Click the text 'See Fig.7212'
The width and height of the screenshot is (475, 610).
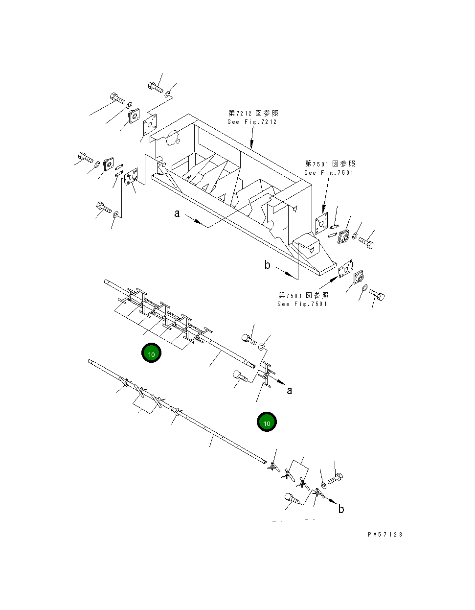click(252, 122)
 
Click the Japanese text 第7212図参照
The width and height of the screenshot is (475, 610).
click(253, 113)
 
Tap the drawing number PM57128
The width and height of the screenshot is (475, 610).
click(385, 535)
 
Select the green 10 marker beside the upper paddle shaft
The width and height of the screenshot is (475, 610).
click(151, 353)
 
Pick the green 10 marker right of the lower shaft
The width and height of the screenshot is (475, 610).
click(267, 422)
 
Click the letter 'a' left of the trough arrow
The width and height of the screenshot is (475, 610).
click(177, 213)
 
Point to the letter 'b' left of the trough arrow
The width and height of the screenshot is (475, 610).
click(267, 265)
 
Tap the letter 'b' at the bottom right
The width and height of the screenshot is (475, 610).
click(341, 509)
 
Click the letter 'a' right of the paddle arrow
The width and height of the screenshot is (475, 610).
click(290, 390)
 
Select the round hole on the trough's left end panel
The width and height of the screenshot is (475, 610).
click(172, 139)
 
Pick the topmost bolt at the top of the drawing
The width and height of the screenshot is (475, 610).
click(155, 87)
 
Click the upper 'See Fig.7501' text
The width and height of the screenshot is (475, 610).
click(329, 173)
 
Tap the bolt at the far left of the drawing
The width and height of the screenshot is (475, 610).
click(85, 158)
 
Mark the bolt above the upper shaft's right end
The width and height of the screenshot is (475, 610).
click(249, 338)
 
